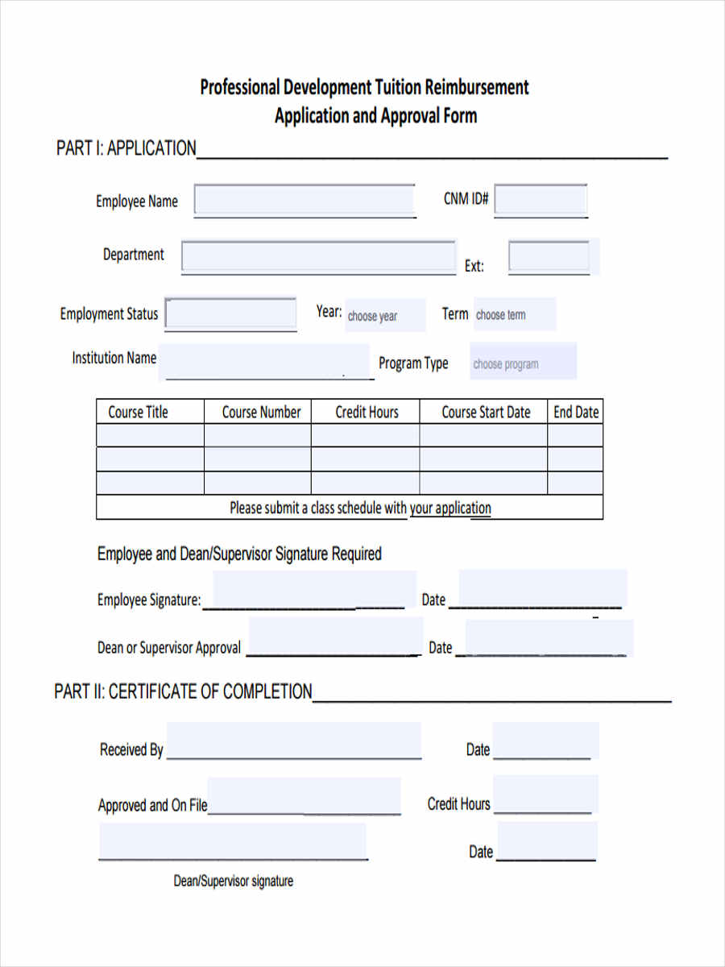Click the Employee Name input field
point(304,201)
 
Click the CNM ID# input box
point(541,201)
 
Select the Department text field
point(318,257)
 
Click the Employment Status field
point(231,313)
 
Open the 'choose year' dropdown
point(384,316)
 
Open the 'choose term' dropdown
point(514,314)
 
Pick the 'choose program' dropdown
point(524,363)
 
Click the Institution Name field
point(264,361)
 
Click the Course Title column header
point(139,412)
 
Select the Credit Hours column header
point(367,412)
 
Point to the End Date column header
point(576,412)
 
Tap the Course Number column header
point(261,412)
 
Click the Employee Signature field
point(314,590)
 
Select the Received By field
point(293,741)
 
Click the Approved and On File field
point(304,796)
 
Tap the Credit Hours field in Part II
point(545,794)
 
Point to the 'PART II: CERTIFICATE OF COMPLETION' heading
point(183,691)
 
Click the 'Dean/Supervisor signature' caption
point(234,881)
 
